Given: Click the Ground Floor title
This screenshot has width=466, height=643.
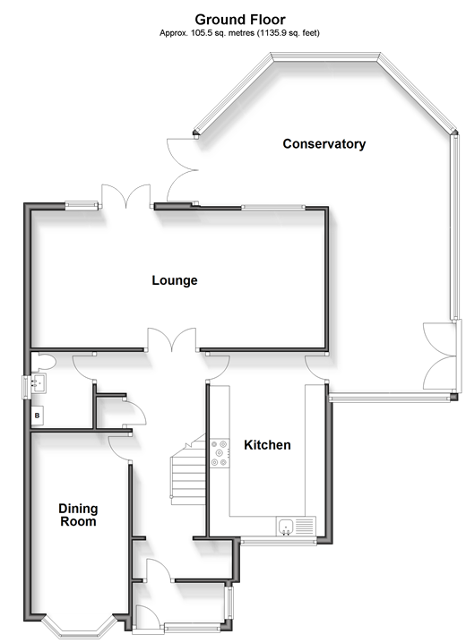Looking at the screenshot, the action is (x=240, y=20).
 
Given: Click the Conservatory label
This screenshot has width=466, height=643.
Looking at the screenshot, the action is (x=324, y=144).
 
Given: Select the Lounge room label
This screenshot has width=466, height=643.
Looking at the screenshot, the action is (x=175, y=280).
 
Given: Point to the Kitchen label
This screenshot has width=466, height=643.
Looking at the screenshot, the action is (x=267, y=445).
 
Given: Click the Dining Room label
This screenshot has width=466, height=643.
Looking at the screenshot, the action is (x=78, y=515).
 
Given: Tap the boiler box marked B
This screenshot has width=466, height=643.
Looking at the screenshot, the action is (x=38, y=416).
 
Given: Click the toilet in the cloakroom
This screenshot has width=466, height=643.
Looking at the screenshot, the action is (x=43, y=362).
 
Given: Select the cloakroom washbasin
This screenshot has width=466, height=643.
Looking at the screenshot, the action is (x=38, y=383).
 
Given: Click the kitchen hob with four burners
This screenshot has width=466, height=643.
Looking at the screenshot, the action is (x=220, y=453).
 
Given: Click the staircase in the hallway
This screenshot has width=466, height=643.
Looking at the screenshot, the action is (x=188, y=469).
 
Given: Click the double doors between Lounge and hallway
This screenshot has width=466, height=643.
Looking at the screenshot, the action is (x=172, y=339).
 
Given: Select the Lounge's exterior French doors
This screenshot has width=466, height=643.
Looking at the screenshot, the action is (x=126, y=196).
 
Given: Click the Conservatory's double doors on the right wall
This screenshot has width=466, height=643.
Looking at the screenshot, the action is (x=440, y=356).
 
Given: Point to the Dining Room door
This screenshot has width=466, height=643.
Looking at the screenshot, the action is (x=120, y=448).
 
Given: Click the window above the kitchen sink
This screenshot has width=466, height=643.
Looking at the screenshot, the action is (x=279, y=541).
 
